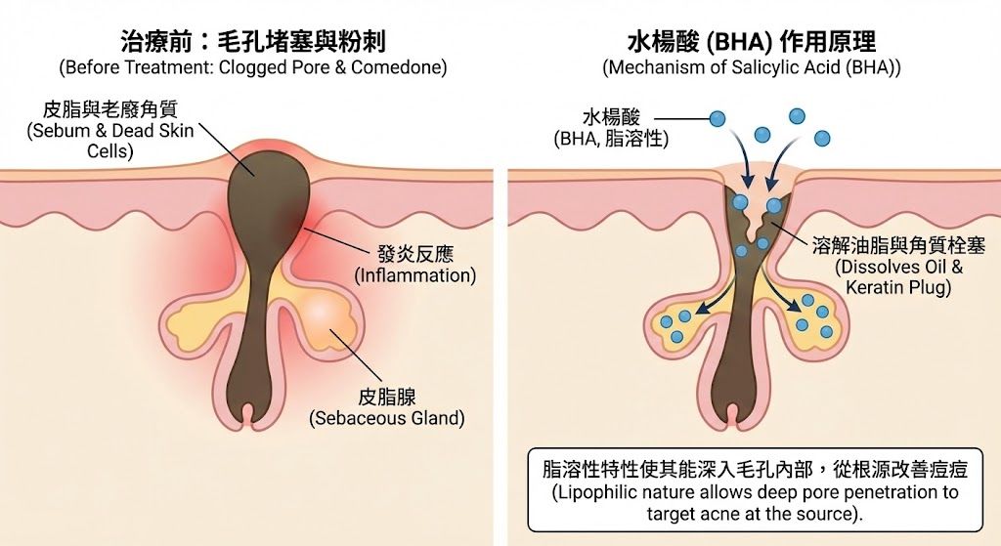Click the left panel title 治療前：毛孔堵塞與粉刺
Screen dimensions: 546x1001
(252, 42)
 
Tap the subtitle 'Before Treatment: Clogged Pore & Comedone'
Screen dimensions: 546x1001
(252, 68)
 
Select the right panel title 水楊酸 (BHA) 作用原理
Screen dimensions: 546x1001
(752, 42)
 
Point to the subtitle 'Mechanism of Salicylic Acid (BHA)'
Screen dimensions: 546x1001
(752, 68)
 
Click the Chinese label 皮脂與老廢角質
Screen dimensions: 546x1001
(109, 108)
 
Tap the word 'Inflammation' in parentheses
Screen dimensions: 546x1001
(415, 275)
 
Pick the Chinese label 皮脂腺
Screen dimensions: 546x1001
(387, 397)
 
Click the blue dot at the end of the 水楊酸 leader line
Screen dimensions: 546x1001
(718, 119)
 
